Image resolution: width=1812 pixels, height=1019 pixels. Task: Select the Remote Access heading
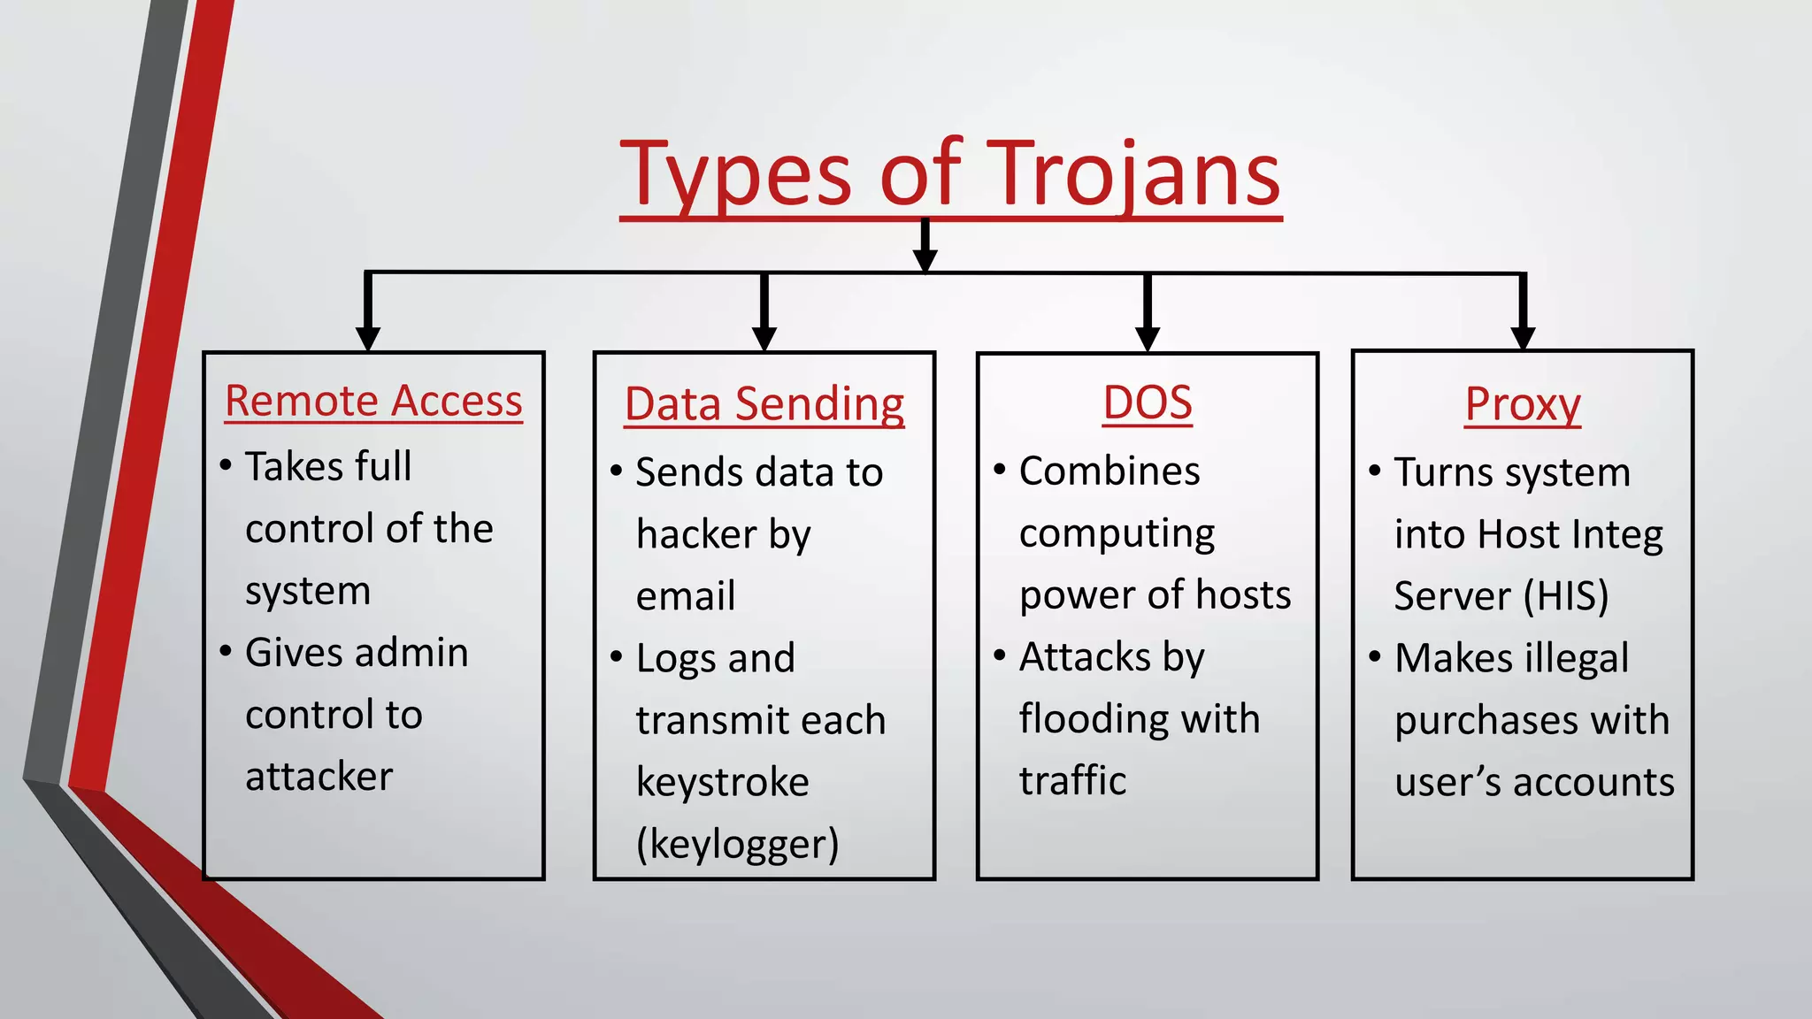pyautogui.click(x=373, y=401)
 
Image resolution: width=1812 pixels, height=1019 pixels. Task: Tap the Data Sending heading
pyautogui.click(x=764, y=404)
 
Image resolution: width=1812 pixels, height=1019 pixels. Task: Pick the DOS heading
pyautogui.click(x=1147, y=402)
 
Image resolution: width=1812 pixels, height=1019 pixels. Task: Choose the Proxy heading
pyautogui.click(x=1522, y=404)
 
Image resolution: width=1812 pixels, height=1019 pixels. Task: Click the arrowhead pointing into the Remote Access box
pyautogui.click(x=368, y=338)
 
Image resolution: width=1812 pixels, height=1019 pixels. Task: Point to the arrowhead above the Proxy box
pyautogui.click(x=1523, y=337)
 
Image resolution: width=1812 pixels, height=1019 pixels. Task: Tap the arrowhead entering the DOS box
pyautogui.click(x=1148, y=338)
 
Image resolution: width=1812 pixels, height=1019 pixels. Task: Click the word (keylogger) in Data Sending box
pyautogui.click(x=737, y=844)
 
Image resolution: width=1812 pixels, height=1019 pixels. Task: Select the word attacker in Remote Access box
pyautogui.click(x=319, y=777)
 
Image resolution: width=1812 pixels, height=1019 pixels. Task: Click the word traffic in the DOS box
pyautogui.click(x=1072, y=781)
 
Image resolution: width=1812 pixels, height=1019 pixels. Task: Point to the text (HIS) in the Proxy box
pyautogui.click(x=1566, y=596)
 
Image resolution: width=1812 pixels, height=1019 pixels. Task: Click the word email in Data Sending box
pyautogui.click(x=686, y=596)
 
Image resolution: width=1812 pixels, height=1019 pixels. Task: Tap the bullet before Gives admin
pyautogui.click(x=226, y=652)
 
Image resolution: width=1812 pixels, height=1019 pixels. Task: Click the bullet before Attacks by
pyautogui.click(x=1000, y=656)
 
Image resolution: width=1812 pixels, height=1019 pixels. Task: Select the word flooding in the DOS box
pyautogui.click(x=1091, y=719)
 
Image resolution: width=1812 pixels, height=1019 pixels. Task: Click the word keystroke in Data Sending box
pyautogui.click(x=722, y=783)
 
